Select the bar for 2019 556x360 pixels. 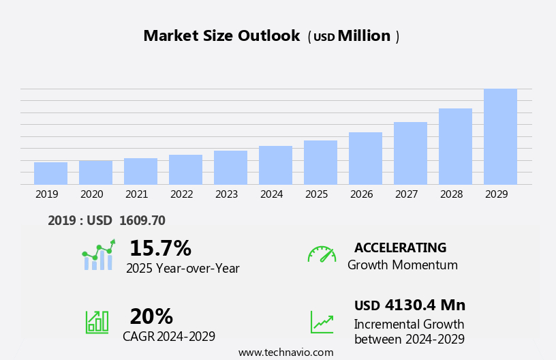50,173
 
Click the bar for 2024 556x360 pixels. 275,165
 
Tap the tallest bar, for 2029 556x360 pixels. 500,136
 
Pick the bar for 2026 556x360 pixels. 365,158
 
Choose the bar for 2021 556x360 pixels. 140,171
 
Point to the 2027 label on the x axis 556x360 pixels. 406,194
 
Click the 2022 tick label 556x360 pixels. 181,194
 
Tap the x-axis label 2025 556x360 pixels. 316,194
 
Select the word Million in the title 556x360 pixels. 364,36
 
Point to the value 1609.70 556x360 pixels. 142,220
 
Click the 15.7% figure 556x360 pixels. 160,248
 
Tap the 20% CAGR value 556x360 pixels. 151,316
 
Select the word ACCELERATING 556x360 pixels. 400,247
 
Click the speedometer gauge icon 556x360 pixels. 322,254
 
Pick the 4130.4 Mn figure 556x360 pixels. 424,305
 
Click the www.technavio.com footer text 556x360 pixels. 285,352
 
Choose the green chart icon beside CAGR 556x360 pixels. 97,321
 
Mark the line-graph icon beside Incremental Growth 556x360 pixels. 322,322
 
